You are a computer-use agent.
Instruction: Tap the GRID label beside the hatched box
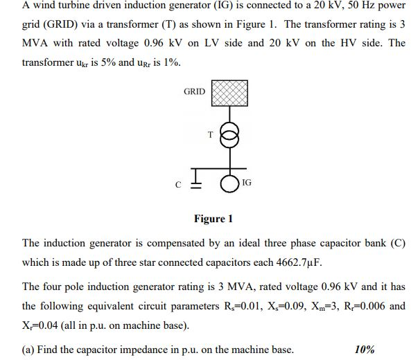point(194,91)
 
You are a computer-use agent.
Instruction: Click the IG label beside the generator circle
point(247,183)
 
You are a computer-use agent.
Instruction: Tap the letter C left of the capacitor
point(177,186)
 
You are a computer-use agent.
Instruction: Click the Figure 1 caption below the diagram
point(213,219)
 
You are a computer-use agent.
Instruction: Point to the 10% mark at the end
point(365,350)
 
